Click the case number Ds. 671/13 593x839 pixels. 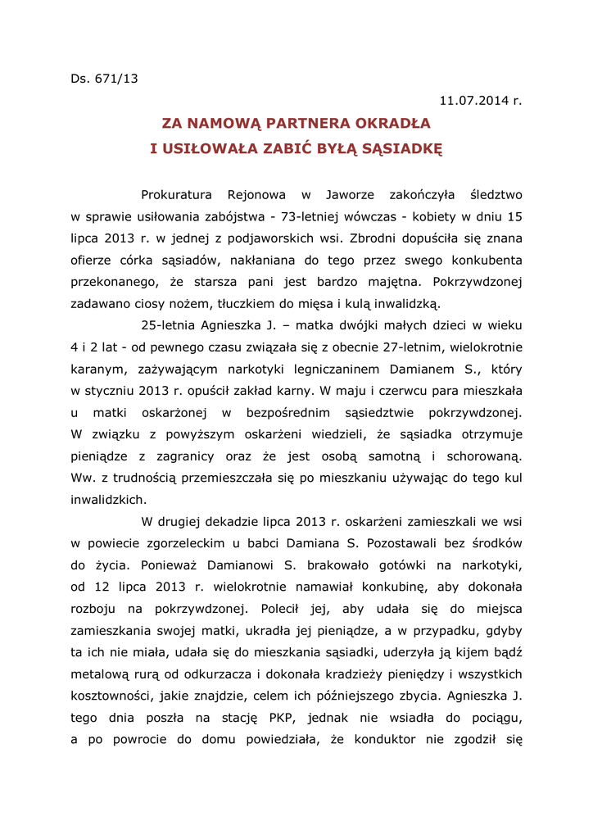104,79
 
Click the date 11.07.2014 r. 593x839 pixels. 480,101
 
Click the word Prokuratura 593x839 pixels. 176,195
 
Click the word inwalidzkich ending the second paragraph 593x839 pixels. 108,497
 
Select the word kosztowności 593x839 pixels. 112,695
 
